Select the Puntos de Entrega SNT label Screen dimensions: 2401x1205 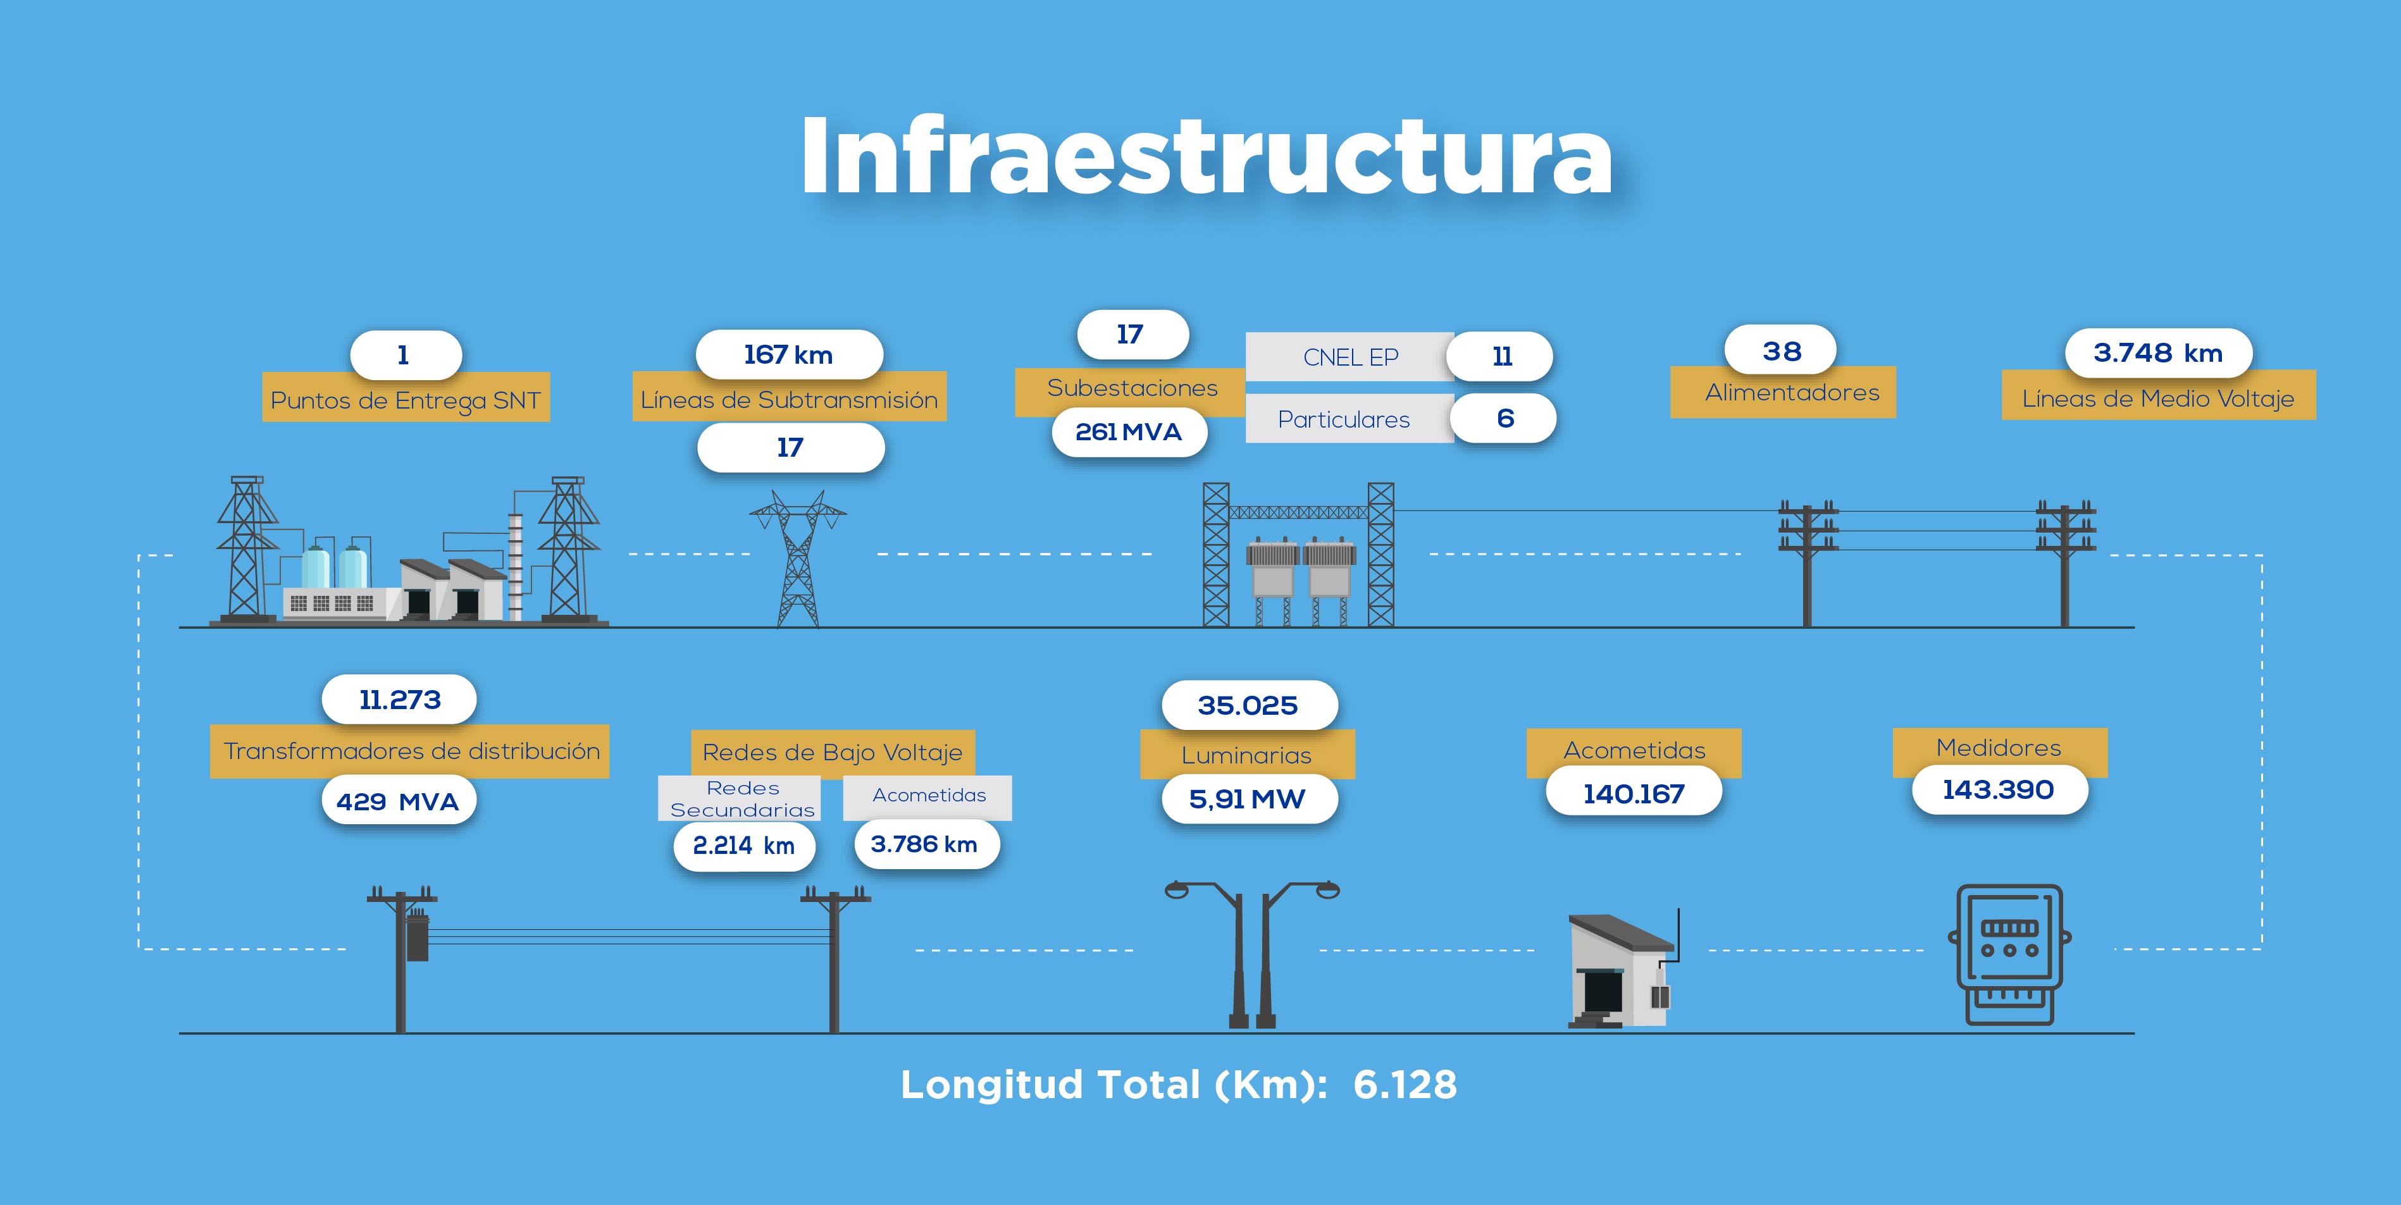point(406,400)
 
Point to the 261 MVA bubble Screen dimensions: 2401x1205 point(1129,431)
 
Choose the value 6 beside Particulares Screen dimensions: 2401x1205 point(1505,419)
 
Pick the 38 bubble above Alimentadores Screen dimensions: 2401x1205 point(1781,350)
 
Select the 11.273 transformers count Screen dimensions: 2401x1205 point(400,699)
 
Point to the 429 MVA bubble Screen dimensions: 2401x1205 point(399,801)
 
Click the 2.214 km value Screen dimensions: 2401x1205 point(744,845)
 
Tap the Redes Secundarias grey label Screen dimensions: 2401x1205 point(743,799)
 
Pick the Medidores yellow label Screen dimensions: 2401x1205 point(1999,748)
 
